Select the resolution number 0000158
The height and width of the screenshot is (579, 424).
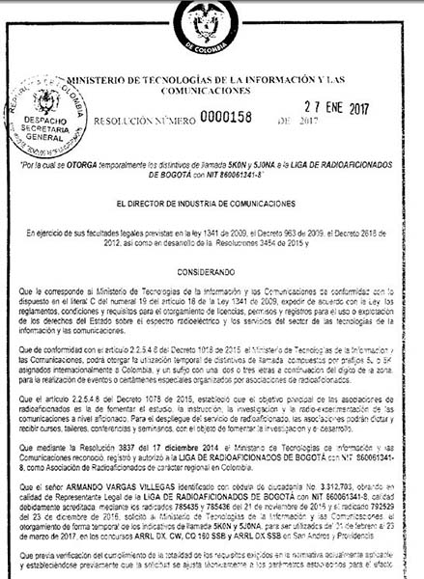pyautogui.click(x=229, y=123)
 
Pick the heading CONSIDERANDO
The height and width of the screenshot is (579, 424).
pyautogui.click(x=211, y=274)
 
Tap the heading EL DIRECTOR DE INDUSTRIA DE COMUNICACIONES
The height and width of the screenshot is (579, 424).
pyautogui.click(x=211, y=205)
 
